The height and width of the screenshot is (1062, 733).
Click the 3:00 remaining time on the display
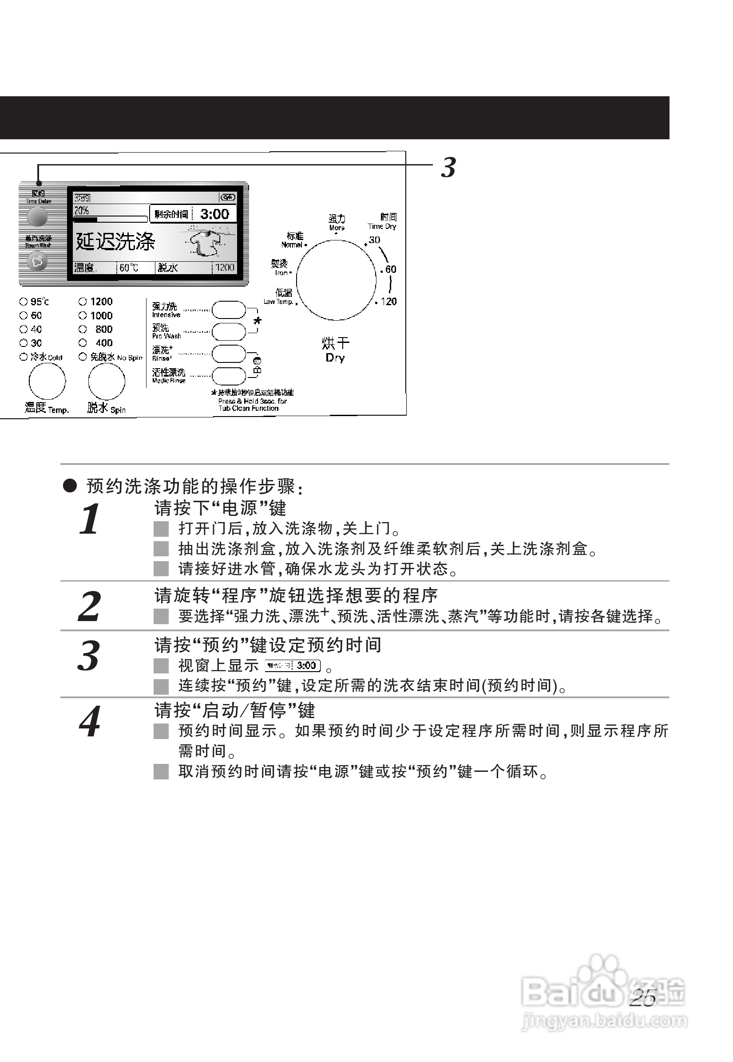pos(214,214)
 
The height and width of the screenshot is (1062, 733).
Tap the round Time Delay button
pos(37,216)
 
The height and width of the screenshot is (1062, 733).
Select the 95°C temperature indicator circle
pos(24,302)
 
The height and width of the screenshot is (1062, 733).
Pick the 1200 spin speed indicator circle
pos(83,302)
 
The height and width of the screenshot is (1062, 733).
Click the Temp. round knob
pos(47,382)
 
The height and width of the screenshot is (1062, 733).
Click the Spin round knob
pos(107,382)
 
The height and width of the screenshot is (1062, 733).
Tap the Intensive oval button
pos(229,310)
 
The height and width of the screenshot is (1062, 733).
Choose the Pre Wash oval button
pos(229,332)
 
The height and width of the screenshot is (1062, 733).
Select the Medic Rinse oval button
pos(229,376)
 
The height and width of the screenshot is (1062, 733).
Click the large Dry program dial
pos(337,280)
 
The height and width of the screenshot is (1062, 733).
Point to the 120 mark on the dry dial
pos(388,302)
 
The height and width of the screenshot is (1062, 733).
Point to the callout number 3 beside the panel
pos(448,168)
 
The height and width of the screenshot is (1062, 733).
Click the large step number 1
pos(90,519)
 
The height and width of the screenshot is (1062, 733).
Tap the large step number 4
pos(90,721)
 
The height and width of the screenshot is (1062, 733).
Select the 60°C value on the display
pos(129,267)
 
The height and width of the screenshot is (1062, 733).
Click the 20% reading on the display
pos(82,211)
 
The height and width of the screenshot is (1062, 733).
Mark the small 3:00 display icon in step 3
pos(293,665)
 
